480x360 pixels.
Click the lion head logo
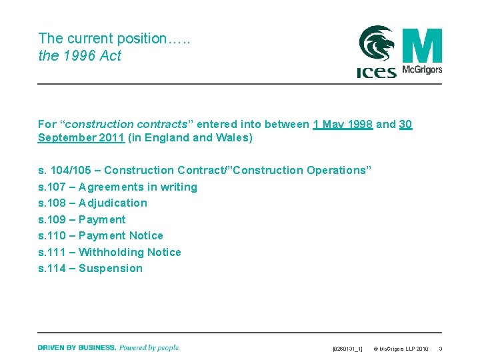377,44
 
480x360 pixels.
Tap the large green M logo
422,45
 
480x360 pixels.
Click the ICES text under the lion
376,71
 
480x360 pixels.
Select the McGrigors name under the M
422,70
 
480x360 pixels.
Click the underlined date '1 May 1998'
343,124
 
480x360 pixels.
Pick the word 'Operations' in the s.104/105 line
337,170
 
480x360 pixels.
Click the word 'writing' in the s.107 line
177,187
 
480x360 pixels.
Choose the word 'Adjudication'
113,203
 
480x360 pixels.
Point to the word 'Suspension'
111,268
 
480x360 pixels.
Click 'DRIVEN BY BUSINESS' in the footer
77,347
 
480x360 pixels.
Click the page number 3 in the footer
441,349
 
